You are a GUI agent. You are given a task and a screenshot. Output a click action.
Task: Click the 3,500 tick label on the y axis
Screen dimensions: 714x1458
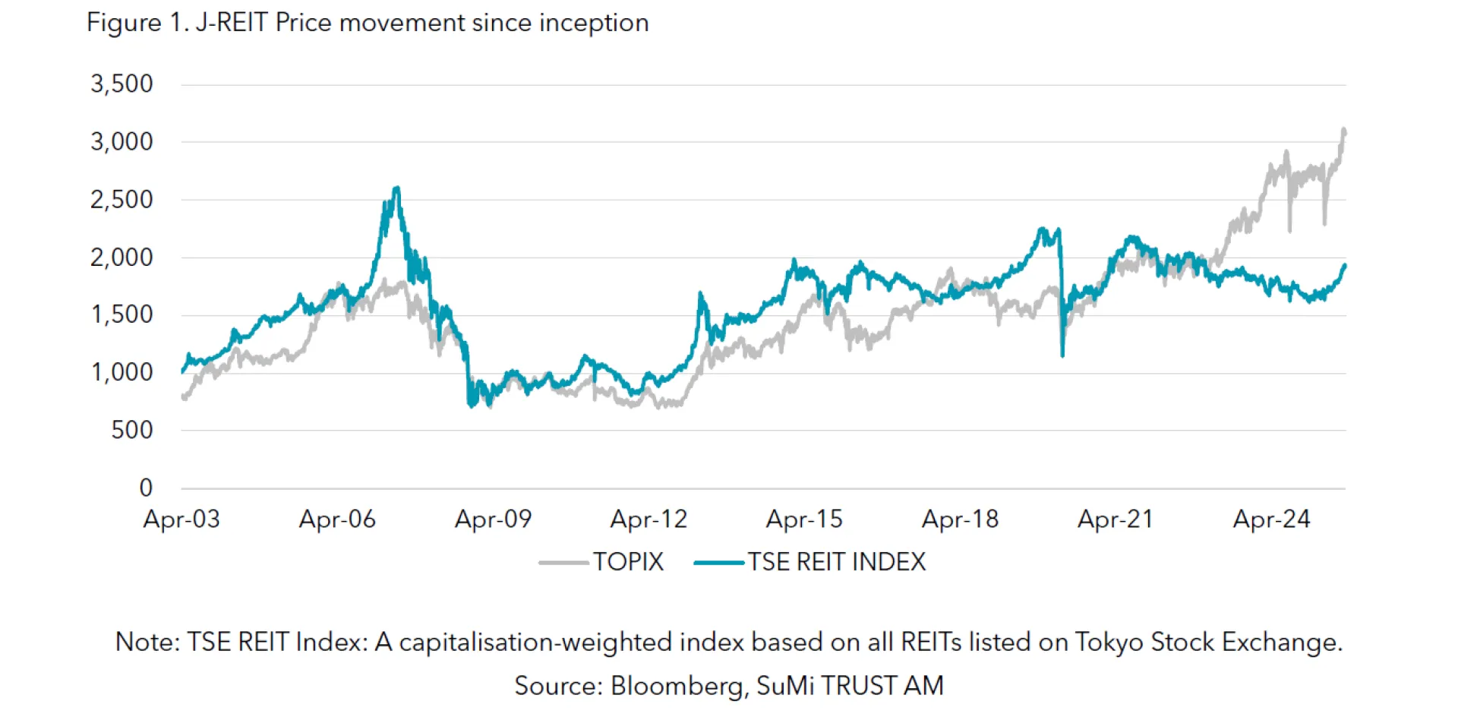121,84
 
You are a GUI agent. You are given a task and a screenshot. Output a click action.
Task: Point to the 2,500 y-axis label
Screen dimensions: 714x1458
121,200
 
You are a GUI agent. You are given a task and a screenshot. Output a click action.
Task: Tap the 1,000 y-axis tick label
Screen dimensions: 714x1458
121,372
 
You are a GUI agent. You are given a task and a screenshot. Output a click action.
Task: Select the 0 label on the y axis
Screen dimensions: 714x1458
146,488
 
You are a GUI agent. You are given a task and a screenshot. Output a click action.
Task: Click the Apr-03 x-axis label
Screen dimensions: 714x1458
181,520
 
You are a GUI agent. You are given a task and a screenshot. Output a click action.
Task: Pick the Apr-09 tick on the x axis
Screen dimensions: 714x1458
493,520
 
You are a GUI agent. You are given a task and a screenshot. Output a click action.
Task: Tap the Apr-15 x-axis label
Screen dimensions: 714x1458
804,520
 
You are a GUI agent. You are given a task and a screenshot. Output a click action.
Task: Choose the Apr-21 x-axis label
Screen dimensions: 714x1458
1116,520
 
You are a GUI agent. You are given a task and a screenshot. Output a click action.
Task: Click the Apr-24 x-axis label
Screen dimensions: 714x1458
1271,520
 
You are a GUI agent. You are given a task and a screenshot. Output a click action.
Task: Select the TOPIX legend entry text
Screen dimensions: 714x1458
628,562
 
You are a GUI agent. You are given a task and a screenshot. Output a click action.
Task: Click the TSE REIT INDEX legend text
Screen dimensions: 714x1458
837,562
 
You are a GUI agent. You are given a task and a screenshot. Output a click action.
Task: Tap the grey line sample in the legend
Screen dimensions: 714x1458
563,563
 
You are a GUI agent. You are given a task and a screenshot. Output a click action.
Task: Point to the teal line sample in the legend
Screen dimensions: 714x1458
718,563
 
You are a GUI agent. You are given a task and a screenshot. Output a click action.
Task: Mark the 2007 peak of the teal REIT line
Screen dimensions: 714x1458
396,188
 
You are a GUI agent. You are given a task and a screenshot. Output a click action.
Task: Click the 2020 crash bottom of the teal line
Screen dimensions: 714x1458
1062,355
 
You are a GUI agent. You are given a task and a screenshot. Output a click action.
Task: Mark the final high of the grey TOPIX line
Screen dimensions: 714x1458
1344,130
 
